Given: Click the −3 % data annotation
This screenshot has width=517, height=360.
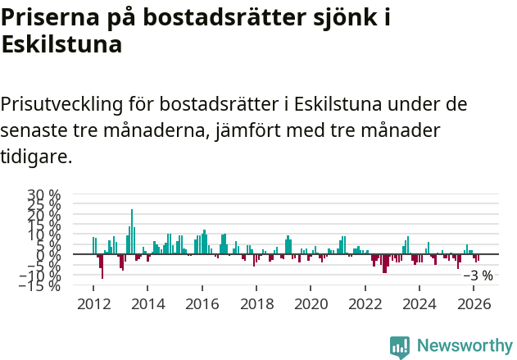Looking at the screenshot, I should click(x=478, y=276).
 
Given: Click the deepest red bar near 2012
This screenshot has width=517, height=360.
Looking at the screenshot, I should click(x=102, y=267).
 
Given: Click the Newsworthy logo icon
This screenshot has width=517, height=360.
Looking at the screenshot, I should click(x=400, y=346).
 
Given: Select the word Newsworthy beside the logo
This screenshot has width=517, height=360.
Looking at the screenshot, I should click(x=464, y=346).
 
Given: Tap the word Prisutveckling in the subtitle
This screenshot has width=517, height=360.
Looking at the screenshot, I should click(x=61, y=104).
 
